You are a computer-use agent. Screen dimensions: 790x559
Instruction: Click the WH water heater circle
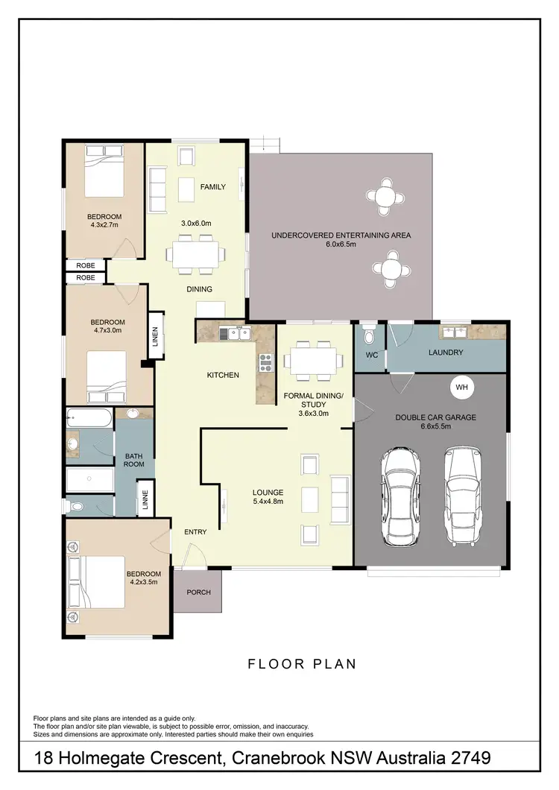coord(461,387)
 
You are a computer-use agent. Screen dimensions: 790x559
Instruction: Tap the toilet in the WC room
coord(367,337)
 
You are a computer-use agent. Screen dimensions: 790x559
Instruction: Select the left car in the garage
coord(402,496)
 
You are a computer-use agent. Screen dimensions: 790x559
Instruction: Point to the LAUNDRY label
coord(446,353)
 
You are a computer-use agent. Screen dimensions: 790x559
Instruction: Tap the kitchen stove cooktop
coord(266,362)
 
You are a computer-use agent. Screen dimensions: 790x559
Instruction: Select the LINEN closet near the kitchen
coord(155,338)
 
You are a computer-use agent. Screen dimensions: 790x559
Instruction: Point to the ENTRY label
coord(195,532)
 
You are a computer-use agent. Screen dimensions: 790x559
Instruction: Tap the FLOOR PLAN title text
coord(302,663)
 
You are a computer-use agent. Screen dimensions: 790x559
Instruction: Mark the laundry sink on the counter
coord(454,332)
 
